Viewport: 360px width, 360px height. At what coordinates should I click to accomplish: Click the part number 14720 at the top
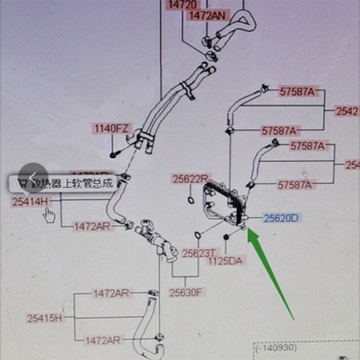[182, 5]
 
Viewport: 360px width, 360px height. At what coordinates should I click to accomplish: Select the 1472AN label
[207, 15]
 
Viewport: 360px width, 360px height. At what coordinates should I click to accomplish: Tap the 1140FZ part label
[111, 129]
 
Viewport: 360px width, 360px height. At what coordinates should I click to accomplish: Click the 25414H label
[29, 202]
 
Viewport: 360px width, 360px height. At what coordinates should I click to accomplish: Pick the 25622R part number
[190, 179]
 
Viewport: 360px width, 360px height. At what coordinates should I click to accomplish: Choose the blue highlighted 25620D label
[281, 219]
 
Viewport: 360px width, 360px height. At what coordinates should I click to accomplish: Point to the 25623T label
[197, 253]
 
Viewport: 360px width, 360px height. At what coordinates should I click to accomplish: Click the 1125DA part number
[224, 261]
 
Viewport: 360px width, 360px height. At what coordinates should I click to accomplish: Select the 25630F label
[186, 293]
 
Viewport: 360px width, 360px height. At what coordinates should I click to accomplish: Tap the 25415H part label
[44, 318]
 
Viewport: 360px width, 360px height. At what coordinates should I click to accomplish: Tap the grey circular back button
[33, 178]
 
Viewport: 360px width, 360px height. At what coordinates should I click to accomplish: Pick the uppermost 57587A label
[297, 92]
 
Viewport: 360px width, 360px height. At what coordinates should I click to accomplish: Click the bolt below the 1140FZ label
[113, 155]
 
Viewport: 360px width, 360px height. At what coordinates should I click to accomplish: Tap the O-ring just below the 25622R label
[191, 200]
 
